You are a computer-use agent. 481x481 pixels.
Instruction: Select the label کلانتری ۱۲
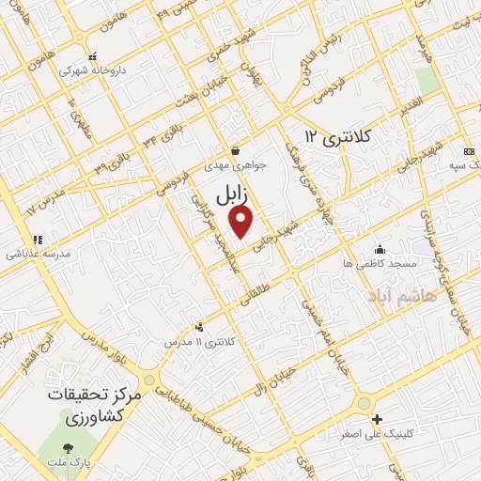(339, 137)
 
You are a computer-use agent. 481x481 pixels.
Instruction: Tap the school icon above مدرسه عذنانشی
(38, 240)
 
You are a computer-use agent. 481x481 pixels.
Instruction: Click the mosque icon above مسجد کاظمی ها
(380, 249)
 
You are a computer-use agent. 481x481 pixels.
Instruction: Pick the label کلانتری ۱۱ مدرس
(200, 342)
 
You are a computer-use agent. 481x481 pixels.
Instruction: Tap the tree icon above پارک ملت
(67, 448)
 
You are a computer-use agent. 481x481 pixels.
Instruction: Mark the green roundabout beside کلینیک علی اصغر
(363, 404)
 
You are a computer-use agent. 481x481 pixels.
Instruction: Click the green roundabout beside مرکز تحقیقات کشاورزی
(149, 380)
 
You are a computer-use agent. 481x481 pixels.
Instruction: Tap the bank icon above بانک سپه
(467, 152)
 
